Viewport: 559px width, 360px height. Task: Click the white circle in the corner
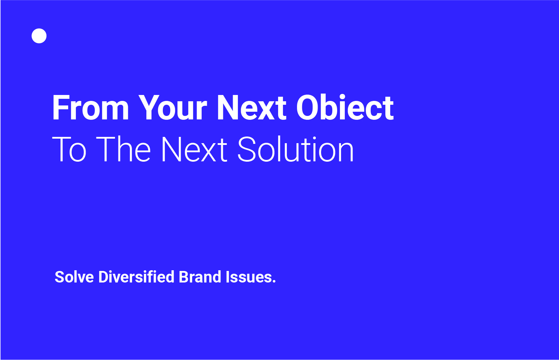tap(39, 36)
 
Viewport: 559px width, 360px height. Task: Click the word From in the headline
tap(90, 108)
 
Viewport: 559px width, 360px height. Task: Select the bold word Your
tap(173, 108)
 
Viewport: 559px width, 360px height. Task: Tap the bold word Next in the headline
tap(252, 108)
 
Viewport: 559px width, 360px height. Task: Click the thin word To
tap(69, 149)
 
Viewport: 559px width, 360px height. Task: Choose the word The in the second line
tap(123, 149)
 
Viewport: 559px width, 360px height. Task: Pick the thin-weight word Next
tap(194, 149)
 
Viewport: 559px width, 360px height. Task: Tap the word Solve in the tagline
tap(74, 277)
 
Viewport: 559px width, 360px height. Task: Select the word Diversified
tap(136, 277)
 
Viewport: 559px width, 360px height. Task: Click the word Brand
tap(200, 277)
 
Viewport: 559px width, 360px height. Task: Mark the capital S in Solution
tap(246, 149)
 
